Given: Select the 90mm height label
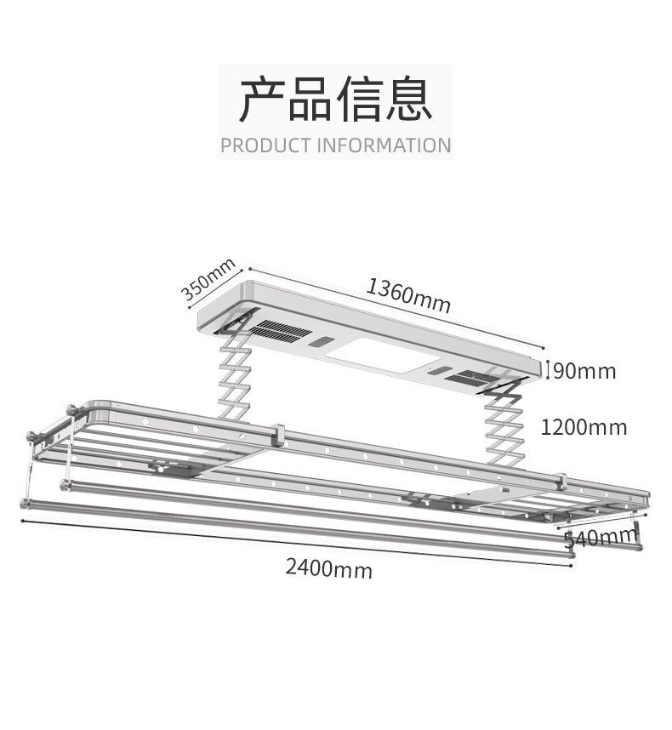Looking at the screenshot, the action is (584, 371).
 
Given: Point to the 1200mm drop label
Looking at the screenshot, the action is (584, 427).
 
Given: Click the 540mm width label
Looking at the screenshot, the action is (601, 538).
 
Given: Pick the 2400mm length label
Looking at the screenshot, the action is (328, 568).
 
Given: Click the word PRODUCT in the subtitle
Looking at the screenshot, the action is (265, 145).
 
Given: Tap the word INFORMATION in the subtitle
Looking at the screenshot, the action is (384, 145).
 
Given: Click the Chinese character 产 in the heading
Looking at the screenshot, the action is (263, 100).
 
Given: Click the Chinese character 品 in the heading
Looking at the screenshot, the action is (311, 100).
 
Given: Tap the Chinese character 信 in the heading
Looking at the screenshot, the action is (360, 100).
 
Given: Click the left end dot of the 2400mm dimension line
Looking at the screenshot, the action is (22, 521).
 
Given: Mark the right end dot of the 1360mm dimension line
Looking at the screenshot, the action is (544, 347).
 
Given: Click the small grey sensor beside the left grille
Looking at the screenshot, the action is (321, 343).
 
